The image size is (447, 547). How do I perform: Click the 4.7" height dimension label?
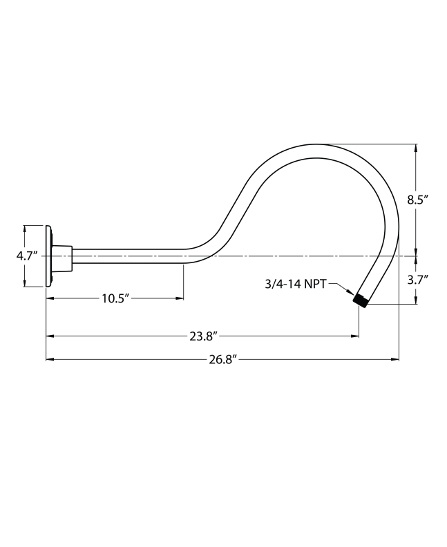(x=27, y=256)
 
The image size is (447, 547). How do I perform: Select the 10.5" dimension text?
(x=115, y=298)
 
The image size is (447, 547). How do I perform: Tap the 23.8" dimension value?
(x=204, y=336)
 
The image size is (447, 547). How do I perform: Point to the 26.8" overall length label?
(x=222, y=359)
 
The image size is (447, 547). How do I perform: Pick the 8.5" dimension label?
(x=417, y=200)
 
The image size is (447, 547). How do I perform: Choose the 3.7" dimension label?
(x=417, y=280)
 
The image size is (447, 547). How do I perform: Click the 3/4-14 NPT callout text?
(x=296, y=283)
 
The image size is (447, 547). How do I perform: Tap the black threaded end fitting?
(x=359, y=300)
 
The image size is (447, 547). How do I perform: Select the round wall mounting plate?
(x=48, y=256)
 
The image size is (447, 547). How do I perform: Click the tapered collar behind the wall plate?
(x=62, y=256)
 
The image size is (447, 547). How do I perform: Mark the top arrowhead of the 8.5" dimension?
(x=416, y=148)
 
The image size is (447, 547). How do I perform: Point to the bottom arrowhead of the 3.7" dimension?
(x=416, y=300)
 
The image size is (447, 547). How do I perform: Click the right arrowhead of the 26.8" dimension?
(x=396, y=359)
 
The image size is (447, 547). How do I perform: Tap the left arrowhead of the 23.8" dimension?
(x=50, y=336)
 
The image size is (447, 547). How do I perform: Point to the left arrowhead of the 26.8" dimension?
(x=50, y=359)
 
